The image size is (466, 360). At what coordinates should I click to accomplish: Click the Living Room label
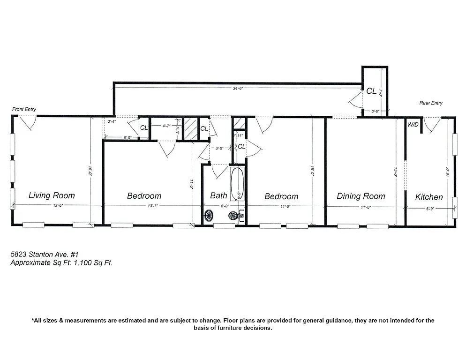52,195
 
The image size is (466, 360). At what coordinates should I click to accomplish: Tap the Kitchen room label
429,197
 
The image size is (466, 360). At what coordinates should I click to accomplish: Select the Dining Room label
361,196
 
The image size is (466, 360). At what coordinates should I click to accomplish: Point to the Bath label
218,195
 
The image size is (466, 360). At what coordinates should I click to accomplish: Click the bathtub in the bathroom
237,185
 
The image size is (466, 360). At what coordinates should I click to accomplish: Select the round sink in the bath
209,216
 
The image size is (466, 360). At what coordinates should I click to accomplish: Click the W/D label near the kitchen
413,125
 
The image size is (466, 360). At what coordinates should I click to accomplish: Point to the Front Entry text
24,109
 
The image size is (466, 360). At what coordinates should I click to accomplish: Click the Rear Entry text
430,103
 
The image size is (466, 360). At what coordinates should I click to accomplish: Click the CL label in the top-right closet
371,91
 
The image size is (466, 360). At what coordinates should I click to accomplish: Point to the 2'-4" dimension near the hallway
112,121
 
